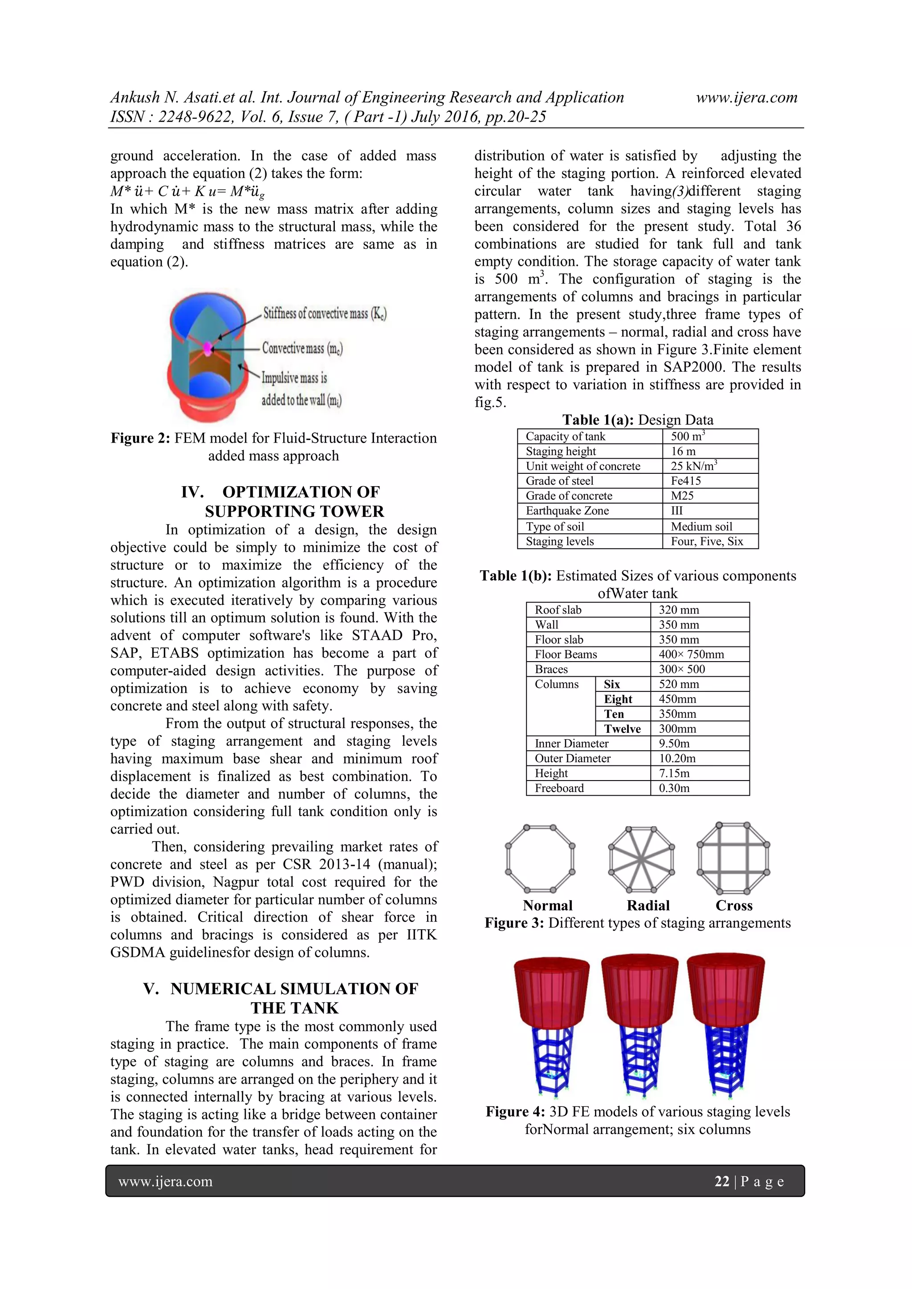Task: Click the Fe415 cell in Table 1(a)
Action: [686, 480]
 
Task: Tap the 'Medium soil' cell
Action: [701, 526]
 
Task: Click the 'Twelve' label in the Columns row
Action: [622, 729]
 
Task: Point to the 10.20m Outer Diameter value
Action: [677, 758]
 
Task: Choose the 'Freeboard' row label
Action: [559, 788]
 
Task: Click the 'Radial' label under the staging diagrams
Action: [648, 905]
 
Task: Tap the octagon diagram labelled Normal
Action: [540, 858]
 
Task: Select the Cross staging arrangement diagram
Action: [733, 858]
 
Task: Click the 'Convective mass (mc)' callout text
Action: [302, 348]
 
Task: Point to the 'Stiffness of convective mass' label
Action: [325, 313]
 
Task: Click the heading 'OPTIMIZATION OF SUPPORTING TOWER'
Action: [294, 501]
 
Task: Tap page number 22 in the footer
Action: [721, 1181]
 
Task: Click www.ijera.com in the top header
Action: [746, 97]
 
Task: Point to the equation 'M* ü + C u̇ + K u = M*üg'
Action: [187, 191]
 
